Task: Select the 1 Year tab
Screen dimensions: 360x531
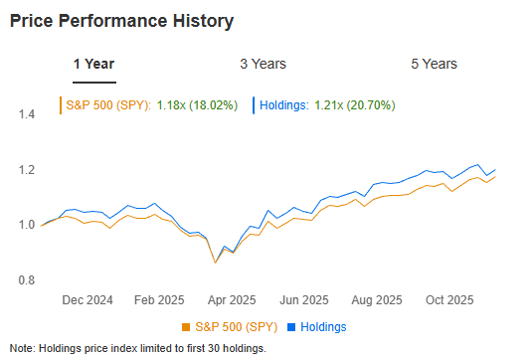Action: coord(93,64)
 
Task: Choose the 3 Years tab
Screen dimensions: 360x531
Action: coord(263,64)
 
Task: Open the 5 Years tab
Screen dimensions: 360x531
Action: coord(434,64)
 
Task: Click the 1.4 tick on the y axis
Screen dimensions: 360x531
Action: coord(27,114)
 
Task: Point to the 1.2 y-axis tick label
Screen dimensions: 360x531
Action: coord(27,170)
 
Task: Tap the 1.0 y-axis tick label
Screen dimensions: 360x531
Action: coord(27,225)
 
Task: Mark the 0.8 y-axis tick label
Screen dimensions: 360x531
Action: coord(27,280)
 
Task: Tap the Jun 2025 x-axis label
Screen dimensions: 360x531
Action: coord(303,299)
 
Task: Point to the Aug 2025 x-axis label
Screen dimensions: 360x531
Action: coord(377,299)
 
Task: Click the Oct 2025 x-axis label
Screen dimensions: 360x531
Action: coord(449,299)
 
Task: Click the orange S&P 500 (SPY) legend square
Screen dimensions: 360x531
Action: coord(185,327)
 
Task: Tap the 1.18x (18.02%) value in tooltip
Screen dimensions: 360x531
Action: coord(197,103)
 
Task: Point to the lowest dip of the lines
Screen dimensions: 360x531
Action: coord(215,263)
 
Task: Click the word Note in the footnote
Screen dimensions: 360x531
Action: coord(22,347)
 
